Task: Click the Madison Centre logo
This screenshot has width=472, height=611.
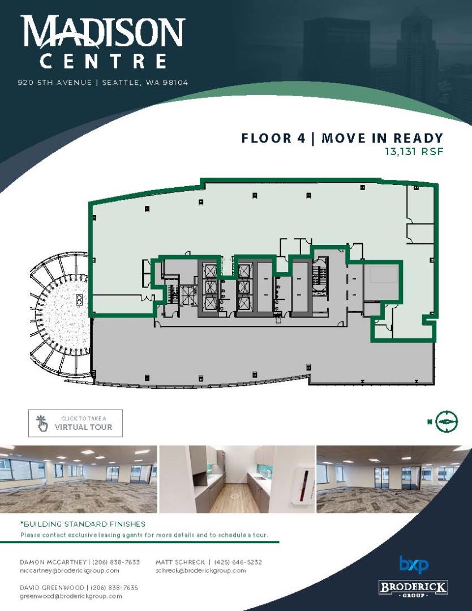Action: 102,42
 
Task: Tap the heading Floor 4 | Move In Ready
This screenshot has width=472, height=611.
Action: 342,138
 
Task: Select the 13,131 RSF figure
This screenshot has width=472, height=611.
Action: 414,151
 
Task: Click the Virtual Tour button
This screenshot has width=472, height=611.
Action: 76,423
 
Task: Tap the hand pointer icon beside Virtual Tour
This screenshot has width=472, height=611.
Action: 42,423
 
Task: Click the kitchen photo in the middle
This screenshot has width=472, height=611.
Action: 237,479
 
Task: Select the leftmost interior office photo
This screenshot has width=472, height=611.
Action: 78,479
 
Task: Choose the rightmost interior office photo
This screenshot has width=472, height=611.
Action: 394,479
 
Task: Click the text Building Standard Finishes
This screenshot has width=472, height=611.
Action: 83,524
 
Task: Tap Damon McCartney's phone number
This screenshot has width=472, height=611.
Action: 116,562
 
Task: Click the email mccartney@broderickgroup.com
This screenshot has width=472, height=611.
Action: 70,570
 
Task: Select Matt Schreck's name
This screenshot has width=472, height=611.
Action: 180,562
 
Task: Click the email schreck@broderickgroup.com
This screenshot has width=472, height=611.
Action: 201,570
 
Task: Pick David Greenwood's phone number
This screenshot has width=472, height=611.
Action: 114,588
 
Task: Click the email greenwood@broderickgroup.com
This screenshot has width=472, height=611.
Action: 71,596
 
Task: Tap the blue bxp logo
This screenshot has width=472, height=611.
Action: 414,565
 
